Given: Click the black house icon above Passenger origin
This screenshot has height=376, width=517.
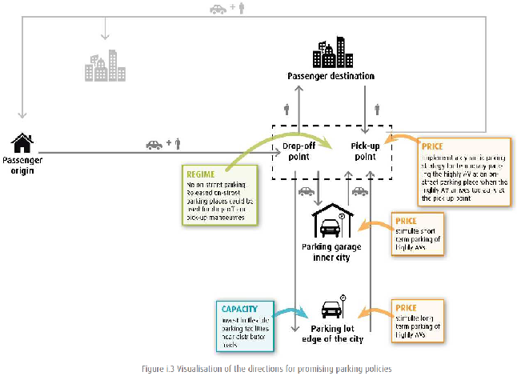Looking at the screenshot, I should [22, 142].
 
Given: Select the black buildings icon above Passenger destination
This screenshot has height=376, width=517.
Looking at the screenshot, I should [331, 52].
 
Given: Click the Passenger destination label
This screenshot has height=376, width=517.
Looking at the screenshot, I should [331, 76].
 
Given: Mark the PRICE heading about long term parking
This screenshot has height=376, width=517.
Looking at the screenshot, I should [405, 306].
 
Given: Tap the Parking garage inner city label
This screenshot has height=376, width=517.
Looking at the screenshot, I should [326, 251].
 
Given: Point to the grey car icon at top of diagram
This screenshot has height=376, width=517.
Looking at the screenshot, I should [218, 10].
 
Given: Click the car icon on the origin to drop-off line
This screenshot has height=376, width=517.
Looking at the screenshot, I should [154, 145].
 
